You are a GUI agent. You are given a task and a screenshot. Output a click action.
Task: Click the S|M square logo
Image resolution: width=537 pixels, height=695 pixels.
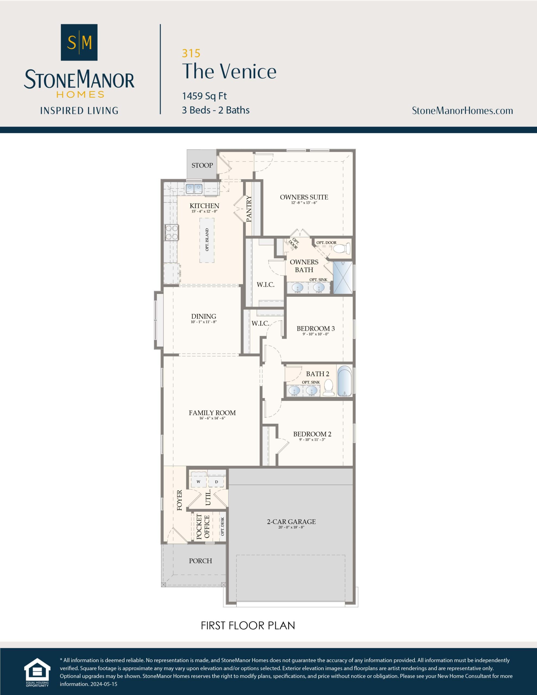(79, 42)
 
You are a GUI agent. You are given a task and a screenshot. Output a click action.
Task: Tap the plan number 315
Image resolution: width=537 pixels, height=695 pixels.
(191, 53)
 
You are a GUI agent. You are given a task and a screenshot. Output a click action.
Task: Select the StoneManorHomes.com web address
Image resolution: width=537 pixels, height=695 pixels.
(462, 111)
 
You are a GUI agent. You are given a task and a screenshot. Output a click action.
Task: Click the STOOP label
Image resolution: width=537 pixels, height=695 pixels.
(202, 165)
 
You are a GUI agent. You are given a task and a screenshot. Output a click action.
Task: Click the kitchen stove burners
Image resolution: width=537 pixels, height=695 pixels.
(171, 232)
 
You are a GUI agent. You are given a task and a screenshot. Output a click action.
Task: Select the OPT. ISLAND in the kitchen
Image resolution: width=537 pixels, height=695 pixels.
(207, 240)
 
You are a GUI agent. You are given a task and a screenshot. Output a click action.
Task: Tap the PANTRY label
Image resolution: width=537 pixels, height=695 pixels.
(249, 209)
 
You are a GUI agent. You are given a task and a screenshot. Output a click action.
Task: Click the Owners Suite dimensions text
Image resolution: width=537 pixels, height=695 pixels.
(304, 203)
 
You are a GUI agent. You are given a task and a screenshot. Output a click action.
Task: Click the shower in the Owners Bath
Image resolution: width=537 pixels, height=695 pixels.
(343, 277)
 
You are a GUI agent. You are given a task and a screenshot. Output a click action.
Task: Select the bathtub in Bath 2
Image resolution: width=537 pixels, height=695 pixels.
(345, 381)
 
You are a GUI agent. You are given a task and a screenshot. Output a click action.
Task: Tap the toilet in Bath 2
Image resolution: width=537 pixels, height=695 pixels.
(328, 388)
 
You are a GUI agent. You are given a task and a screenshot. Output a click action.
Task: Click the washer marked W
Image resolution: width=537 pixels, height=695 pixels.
(198, 481)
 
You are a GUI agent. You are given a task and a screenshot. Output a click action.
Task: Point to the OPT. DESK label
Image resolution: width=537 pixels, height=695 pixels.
(223, 526)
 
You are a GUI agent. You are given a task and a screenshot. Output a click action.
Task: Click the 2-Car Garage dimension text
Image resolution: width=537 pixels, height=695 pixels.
(291, 527)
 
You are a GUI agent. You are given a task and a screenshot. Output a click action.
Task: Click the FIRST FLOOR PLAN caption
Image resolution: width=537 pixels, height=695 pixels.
(248, 625)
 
